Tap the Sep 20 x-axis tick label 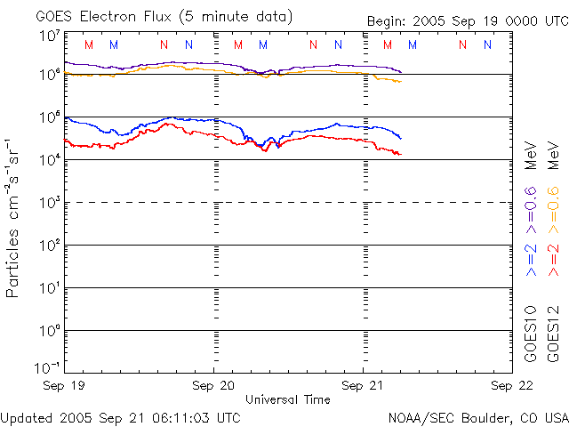point(213,385)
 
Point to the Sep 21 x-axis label point(363,385)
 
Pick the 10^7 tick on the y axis point(50,36)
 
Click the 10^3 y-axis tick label point(50,204)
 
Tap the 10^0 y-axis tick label point(50,332)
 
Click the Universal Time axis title point(288,399)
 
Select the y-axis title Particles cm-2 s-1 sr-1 point(14,217)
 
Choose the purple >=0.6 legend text point(531,204)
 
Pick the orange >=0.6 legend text point(553,204)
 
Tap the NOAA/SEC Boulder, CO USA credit point(477,416)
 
